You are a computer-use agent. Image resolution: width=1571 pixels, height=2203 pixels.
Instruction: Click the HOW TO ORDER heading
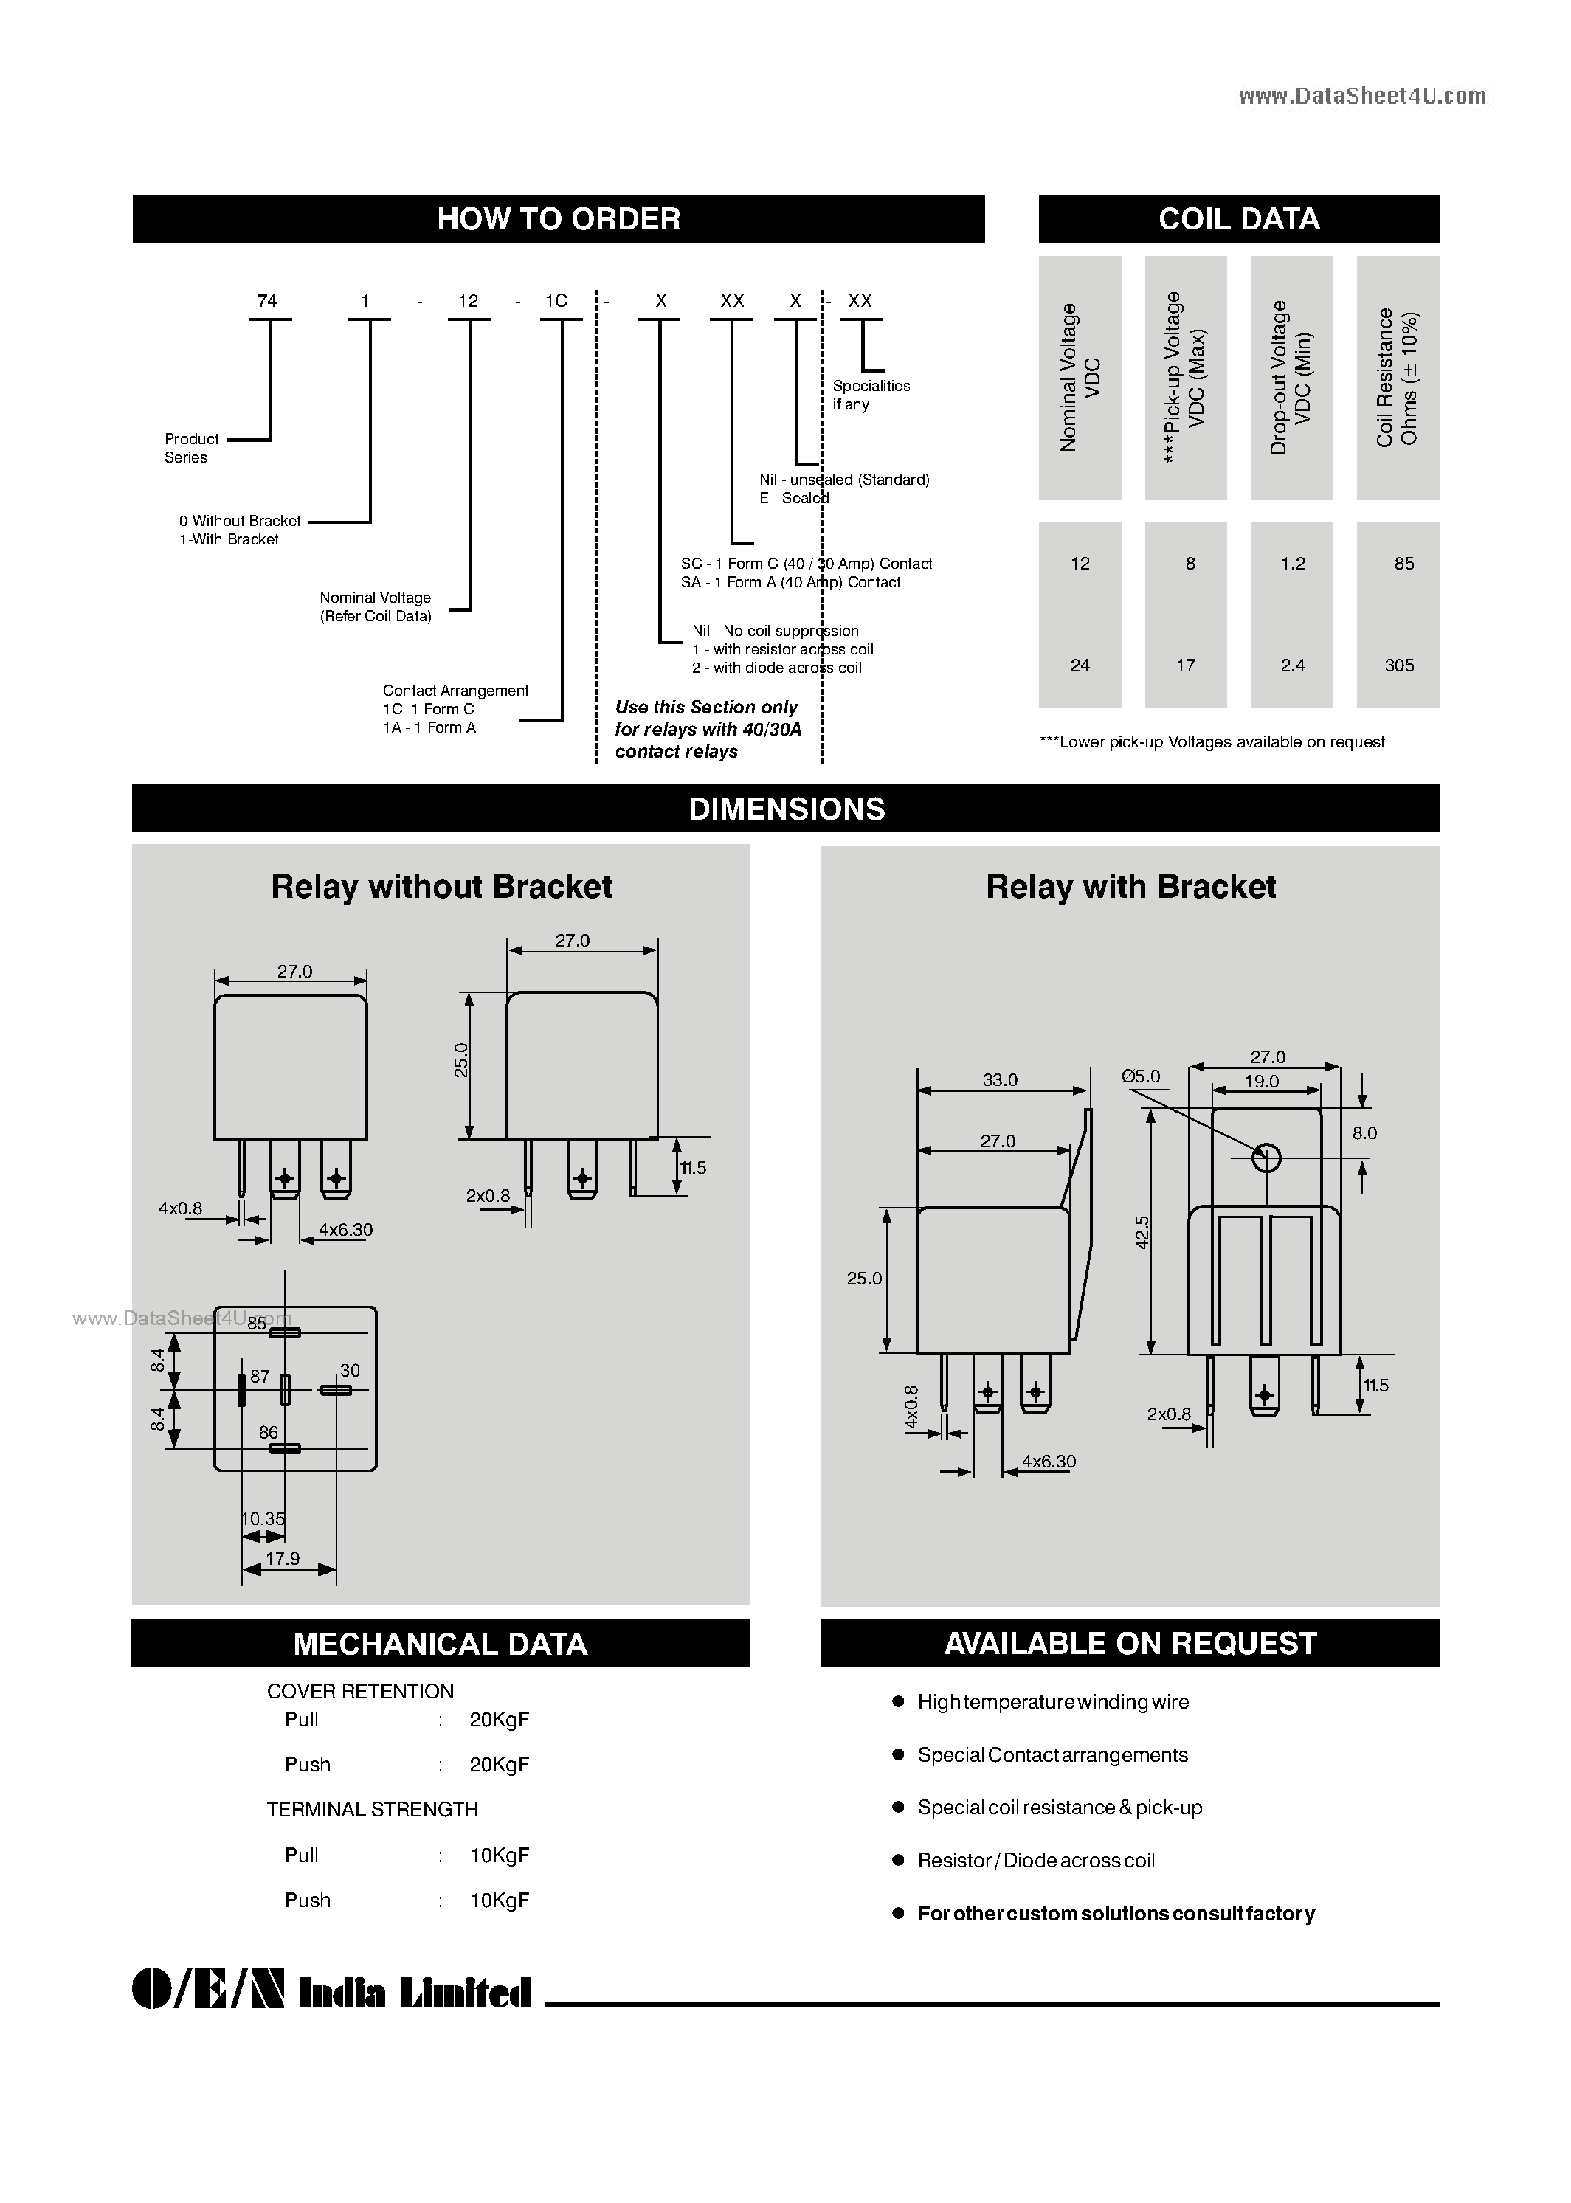[558, 218]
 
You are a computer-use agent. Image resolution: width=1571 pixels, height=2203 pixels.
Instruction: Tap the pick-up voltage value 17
[1185, 665]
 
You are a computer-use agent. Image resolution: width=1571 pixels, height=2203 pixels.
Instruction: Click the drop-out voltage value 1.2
[1292, 563]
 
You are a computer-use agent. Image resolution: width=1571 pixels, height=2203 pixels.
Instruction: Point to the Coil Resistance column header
[1397, 378]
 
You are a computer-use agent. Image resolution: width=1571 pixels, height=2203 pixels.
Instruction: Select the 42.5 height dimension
[1142, 1232]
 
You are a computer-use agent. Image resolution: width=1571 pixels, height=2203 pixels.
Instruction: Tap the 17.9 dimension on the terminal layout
[283, 1558]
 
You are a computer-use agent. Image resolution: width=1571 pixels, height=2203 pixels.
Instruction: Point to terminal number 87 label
[259, 1375]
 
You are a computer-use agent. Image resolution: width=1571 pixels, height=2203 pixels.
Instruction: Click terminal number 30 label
[349, 1370]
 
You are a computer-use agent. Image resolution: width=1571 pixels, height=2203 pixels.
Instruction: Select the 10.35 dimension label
[263, 1518]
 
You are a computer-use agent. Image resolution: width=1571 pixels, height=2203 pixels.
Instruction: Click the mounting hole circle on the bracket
[1266, 1158]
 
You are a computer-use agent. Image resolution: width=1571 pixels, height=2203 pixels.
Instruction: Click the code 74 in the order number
[267, 301]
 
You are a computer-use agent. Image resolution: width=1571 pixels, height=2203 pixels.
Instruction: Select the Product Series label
[192, 448]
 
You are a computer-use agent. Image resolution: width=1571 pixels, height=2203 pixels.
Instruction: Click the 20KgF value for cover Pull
[499, 1720]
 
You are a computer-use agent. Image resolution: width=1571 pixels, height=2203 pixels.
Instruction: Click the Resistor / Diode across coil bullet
[1035, 1861]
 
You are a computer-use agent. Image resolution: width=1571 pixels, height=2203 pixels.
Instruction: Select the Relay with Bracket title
[1130, 887]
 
